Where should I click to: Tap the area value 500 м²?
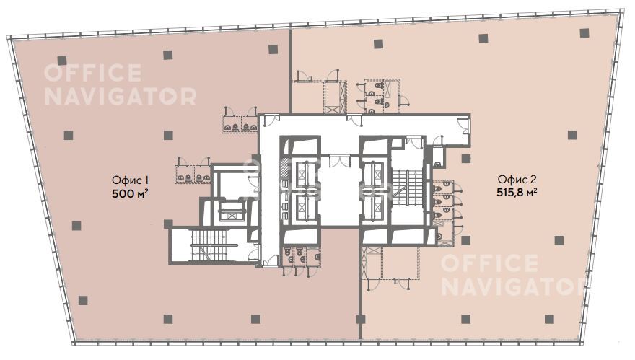[130, 193]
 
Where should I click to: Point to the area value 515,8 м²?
[517, 193]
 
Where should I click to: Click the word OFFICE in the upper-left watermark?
[93, 74]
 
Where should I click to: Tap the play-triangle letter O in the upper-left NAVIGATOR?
[167, 97]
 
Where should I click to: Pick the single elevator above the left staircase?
[229, 211]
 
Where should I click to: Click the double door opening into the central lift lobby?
[340, 160]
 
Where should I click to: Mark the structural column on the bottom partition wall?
[360, 319]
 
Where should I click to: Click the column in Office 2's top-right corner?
[584, 33]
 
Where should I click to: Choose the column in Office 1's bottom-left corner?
[83, 300]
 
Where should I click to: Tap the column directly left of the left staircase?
[168, 224]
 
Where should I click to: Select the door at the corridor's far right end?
[463, 124]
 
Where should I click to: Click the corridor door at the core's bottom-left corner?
[270, 261]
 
